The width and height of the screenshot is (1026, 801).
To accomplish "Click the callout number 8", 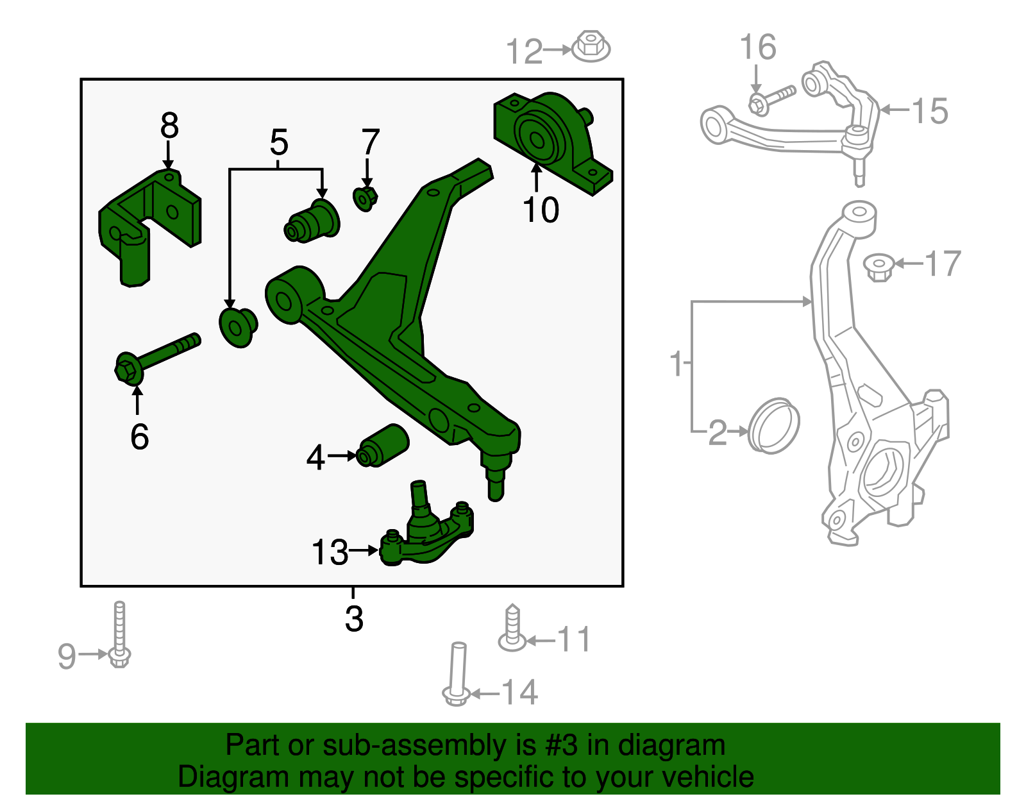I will point(169,126).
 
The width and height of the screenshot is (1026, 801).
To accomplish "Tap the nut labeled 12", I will point(591,46).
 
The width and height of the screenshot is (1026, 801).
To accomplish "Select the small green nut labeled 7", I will point(365,198).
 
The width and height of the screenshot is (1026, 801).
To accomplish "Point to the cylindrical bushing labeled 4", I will point(383,444).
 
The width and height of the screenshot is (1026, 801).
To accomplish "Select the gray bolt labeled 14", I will point(457,673).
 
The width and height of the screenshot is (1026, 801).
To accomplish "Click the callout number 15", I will point(929,111).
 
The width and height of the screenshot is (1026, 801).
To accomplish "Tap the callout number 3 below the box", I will point(354,619).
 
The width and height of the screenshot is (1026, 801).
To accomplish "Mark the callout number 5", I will point(279,142).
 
